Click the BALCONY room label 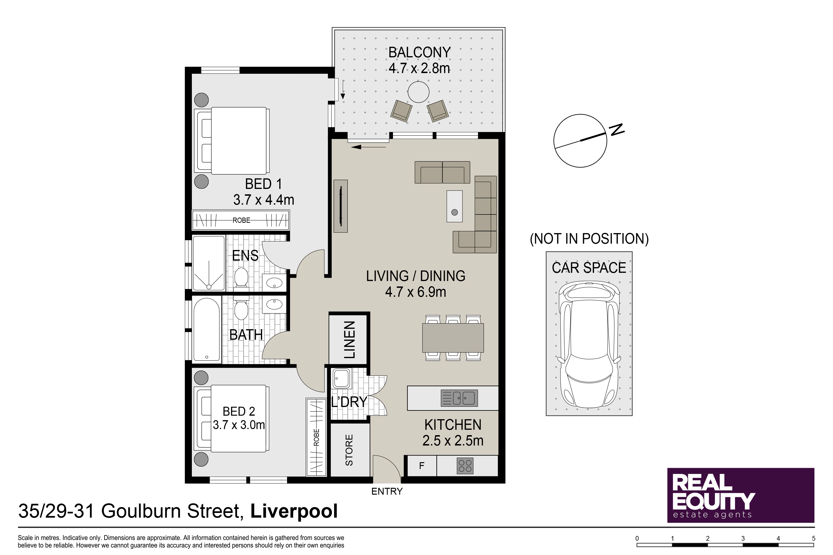click(419, 52)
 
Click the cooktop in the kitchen click(465, 466)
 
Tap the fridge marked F click(422, 466)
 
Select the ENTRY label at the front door click(387, 491)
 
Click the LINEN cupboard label click(349, 340)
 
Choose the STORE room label click(349, 450)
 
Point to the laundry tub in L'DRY click(341, 378)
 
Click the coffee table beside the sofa click(454, 206)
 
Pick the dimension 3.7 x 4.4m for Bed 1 click(264, 200)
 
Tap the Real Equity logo click(741, 495)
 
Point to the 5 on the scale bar click(813, 538)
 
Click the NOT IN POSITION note click(589, 239)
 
